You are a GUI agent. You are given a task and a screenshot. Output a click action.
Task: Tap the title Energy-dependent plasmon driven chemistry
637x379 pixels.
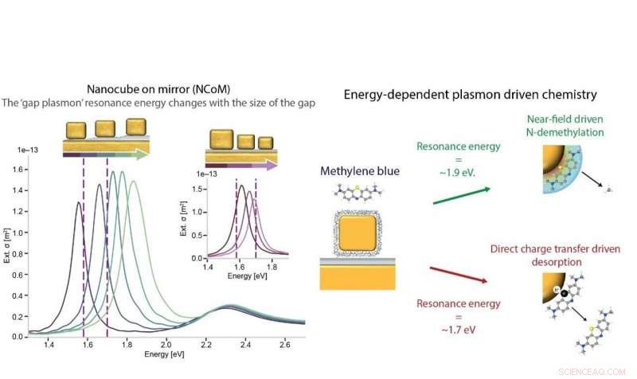click(x=470, y=95)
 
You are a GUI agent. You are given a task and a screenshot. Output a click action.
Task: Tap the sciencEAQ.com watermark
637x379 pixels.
click(x=599, y=370)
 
